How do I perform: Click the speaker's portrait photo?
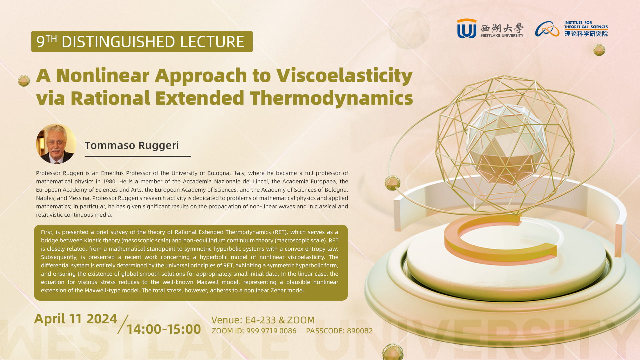[x=56, y=144]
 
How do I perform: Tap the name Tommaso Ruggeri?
[x=132, y=145]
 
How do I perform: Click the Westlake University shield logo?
[x=467, y=28]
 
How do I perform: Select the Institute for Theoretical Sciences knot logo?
[x=547, y=29]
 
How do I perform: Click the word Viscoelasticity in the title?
[x=345, y=75]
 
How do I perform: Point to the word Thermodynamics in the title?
[x=332, y=98]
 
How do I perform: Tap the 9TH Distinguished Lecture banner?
[x=142, y=41]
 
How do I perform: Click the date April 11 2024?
[x=76, y=319]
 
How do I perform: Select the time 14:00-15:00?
[x=164, y=329]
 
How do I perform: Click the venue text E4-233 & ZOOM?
[x=280, y=320]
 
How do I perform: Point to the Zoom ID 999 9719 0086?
[x=271, y=331]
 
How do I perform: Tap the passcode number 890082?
[x=360, y=331]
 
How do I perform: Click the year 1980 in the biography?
[x=110, y=181]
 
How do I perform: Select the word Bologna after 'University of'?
[x=218, y=173]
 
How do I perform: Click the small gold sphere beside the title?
[x=24, y=81]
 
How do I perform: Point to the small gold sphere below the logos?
[x=599, y=50]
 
